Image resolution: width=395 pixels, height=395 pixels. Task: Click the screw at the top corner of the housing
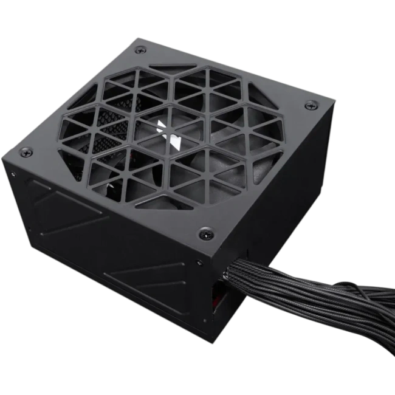click(x=140, y=49)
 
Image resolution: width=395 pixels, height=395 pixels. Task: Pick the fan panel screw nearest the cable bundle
click(x=206, y=232)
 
